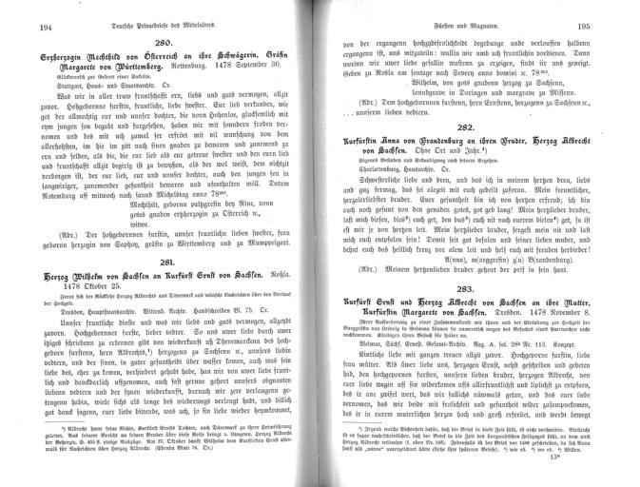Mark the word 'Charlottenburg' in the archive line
(375, 168)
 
